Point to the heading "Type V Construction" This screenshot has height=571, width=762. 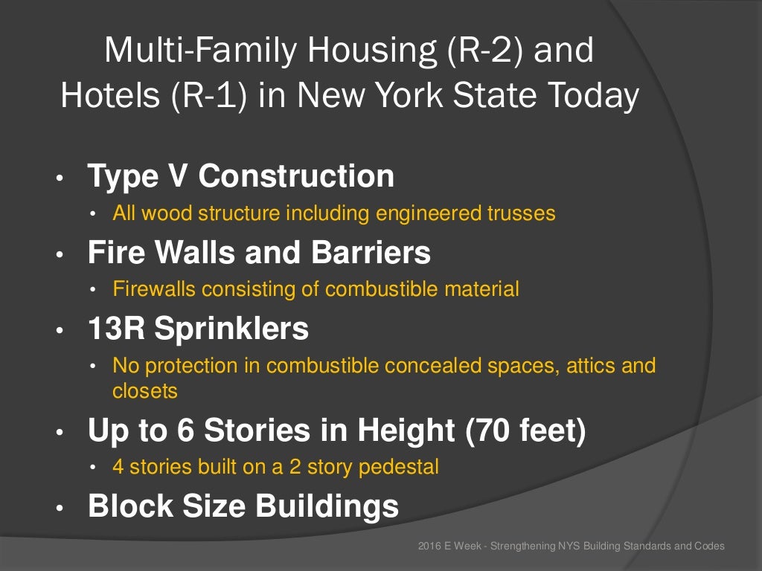(x=240, y=176)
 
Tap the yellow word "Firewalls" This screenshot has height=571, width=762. (x=146, y=289)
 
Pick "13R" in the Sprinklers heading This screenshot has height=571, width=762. (x=118, y=329)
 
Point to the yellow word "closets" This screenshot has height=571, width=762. (x=145, y=390)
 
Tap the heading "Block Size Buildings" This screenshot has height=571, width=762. (x=243, y=506)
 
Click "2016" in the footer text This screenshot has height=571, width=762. (x=429, y=546)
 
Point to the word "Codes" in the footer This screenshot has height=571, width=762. (x=709, y=546)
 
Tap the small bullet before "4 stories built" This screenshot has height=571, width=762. (x=93, y=468)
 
